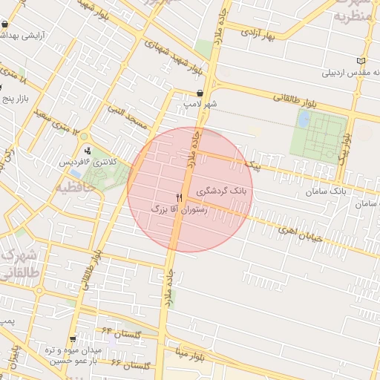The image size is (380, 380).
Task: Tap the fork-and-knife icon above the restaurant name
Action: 178,197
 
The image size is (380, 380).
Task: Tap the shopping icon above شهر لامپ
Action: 200,93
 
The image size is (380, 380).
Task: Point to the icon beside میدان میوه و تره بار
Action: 72,339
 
